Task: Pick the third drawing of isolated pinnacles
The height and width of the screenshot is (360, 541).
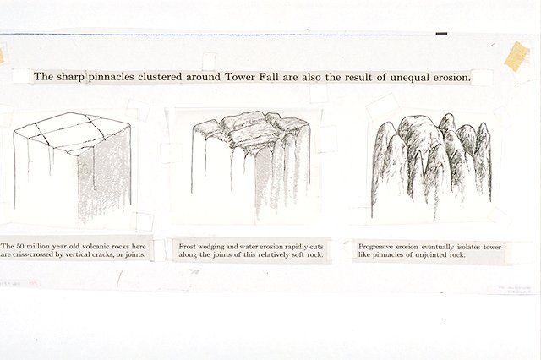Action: pyautogui.click(x=430, y=161)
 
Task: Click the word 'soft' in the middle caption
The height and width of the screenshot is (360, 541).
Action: pyautogui.click(x=299, y=254)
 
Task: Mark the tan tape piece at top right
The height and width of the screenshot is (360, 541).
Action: pyautogui.click(x=516, y=54)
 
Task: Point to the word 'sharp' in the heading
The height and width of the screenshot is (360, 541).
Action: pyautogui.click(x=72, y=77)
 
